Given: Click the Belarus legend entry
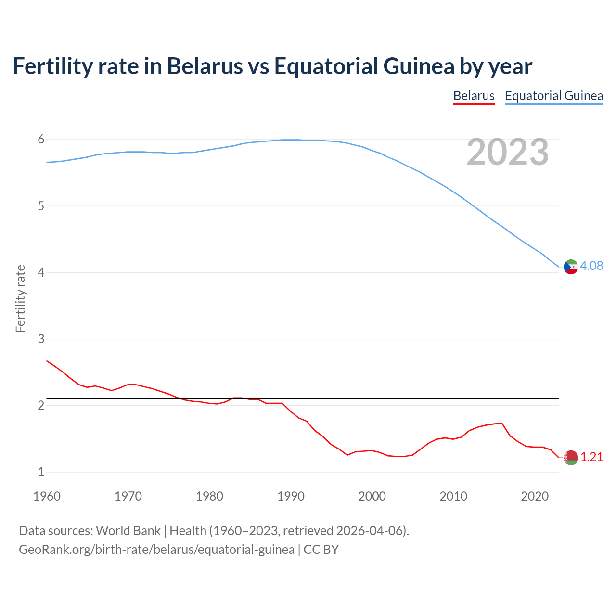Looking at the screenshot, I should [x=474, y=96].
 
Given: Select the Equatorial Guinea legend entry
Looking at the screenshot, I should [x=553, y=96].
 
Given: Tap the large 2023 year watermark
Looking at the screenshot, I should [x=507, y=153].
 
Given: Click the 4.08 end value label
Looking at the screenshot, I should [x=591, y=266].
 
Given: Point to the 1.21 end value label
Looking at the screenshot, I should [x=591, y=457].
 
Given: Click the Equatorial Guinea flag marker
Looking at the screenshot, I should [x=571, y=267].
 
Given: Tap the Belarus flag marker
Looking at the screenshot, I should [x=571, y=458].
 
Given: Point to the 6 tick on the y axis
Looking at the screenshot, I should [x=41, y=140].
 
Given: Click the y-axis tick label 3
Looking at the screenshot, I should [x=41, y=339].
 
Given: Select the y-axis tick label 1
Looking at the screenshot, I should [x=41, y=472].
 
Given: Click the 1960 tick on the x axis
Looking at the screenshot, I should [x=47, y=496].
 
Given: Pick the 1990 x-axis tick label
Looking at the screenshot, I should [x=291, y=496].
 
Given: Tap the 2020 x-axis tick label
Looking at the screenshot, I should [x=535, y=496].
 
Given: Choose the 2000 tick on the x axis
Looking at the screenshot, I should [x=372, y=496].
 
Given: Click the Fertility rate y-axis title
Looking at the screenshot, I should [x=20, y=298].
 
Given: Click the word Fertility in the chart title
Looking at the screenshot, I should [x=52, y=66].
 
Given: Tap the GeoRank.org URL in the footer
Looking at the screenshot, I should [x=156, y=550].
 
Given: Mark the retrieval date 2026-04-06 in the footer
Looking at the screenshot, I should [x=369, y=531].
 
